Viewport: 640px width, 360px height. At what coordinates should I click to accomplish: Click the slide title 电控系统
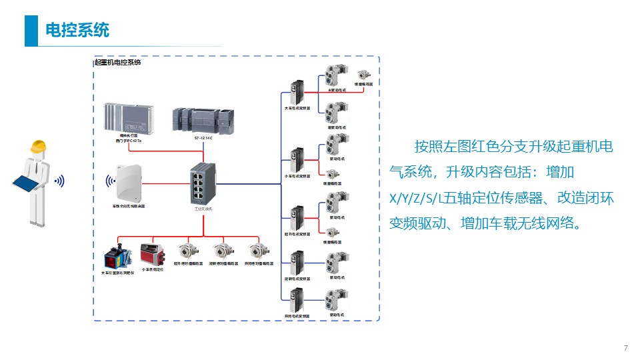coord(77,30)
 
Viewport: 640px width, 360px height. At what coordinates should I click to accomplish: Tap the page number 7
coord(625,348)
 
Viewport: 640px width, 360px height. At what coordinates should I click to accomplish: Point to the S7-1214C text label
coord(204,138)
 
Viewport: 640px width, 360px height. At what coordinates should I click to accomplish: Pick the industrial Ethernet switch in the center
coord(203,183)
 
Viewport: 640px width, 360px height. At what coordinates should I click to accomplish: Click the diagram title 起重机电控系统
coord(118,63)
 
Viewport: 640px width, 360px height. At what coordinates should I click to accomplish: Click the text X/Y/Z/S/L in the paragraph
coord(414,198)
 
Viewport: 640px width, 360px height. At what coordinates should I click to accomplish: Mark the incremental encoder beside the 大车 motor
coord(364,75)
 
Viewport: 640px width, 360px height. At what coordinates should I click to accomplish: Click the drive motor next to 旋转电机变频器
coord(333,262)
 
